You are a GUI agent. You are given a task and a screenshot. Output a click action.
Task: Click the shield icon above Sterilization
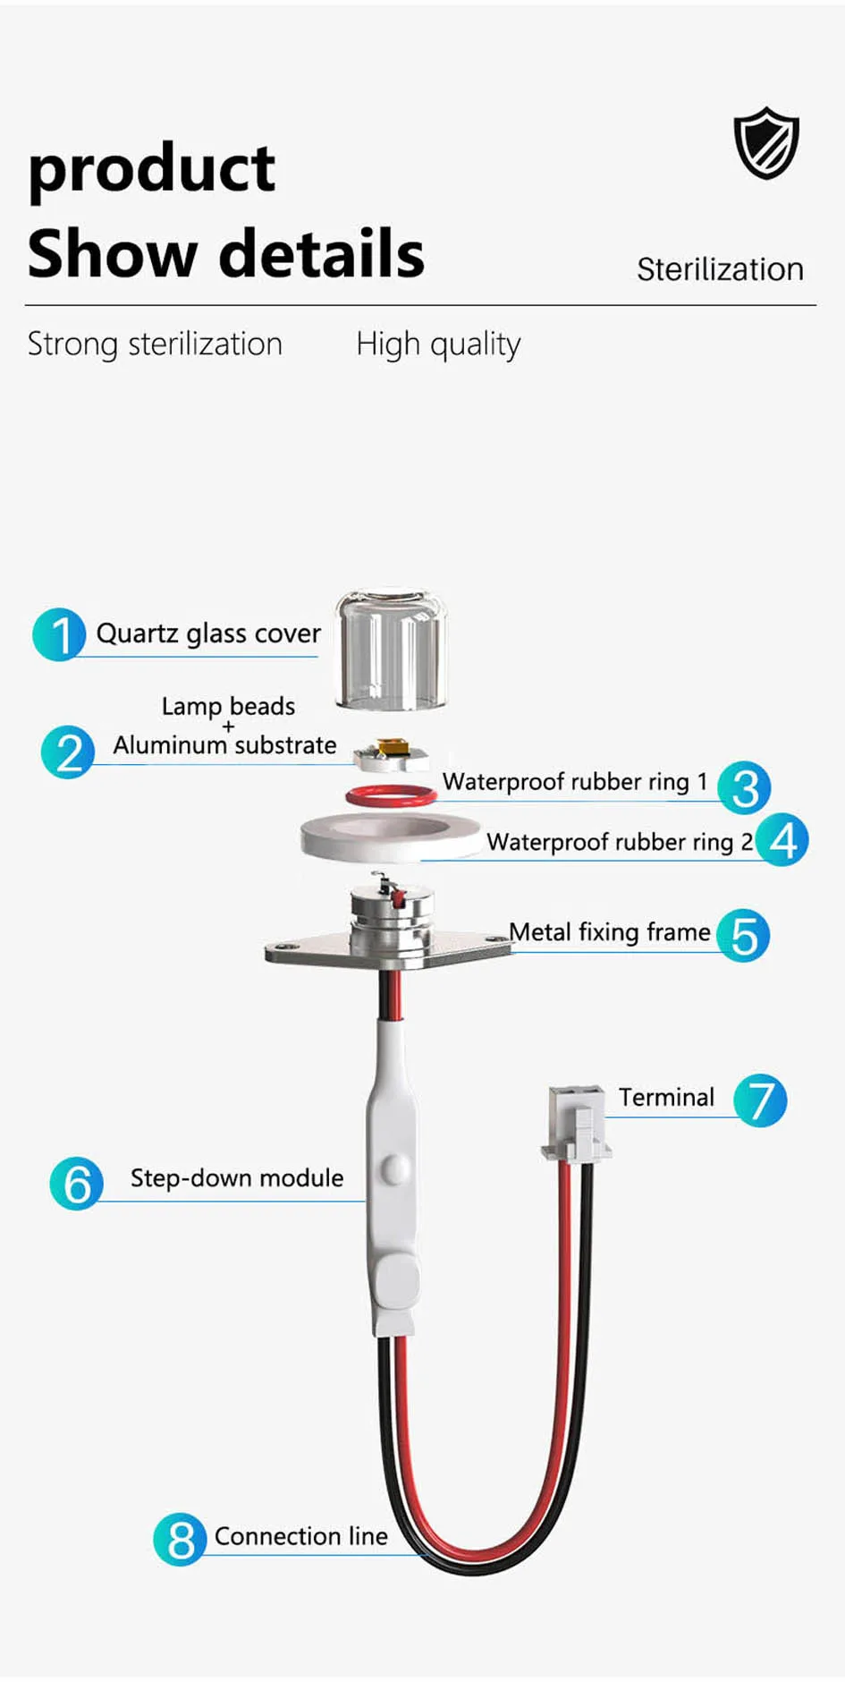pos(766,143)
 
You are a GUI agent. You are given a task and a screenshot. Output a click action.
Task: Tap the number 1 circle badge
pos(59,634)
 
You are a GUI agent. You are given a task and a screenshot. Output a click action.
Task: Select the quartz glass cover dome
pos(391,650)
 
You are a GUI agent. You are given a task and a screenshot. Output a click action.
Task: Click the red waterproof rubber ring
pos(392,794)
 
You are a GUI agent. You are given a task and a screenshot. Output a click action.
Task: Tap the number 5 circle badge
pos(744,935)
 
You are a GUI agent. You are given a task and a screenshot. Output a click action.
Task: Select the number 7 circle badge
pos(760,1100)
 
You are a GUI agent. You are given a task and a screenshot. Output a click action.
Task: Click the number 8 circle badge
pos(180,1539)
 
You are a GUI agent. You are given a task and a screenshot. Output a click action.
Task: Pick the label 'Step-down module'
pos(237,1177)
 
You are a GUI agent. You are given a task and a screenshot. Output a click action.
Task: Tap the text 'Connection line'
pos(301,1536)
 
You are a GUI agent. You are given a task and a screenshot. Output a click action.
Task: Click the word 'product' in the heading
pos(152,170)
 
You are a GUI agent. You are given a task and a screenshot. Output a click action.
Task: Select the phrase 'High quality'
pos(438,344)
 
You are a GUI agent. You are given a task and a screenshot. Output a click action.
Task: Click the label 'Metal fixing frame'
pos(610,932)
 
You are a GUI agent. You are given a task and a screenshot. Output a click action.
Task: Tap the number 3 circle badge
pos(744,787)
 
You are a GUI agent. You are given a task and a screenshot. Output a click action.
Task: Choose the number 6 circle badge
pos(77,1183)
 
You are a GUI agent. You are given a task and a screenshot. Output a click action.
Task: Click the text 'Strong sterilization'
pos(155,344)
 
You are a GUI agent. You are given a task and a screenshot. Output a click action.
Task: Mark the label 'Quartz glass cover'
pos(208,633)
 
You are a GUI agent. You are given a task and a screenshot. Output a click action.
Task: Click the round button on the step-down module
pos(393,1168)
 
